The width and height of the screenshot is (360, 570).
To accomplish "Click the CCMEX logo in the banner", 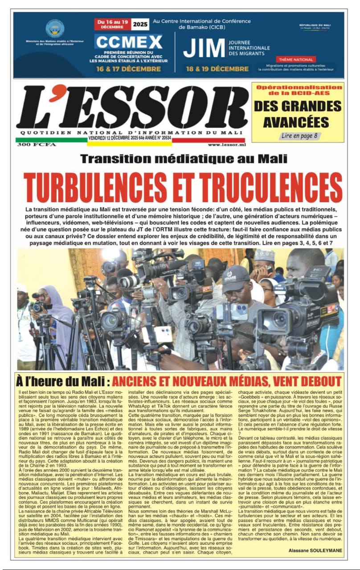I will pyautogui.click(x=128, y=42).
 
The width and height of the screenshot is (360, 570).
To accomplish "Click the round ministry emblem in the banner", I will pyautogui.click(x=55, y=28).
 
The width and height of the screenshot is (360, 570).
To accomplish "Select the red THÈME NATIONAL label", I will pyautogui.click(x=296, y=59).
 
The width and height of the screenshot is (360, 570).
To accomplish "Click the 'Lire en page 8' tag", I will pyautogui.click(x=299, y=135).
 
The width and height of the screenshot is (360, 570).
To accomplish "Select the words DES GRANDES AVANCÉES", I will pyautogui.click(x=298, y=114).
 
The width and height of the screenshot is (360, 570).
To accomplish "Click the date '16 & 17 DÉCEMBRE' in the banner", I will pyautogui.click(x=128, y=69).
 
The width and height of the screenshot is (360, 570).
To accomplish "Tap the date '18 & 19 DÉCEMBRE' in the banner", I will pyautogui.click(x=217, y=69).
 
